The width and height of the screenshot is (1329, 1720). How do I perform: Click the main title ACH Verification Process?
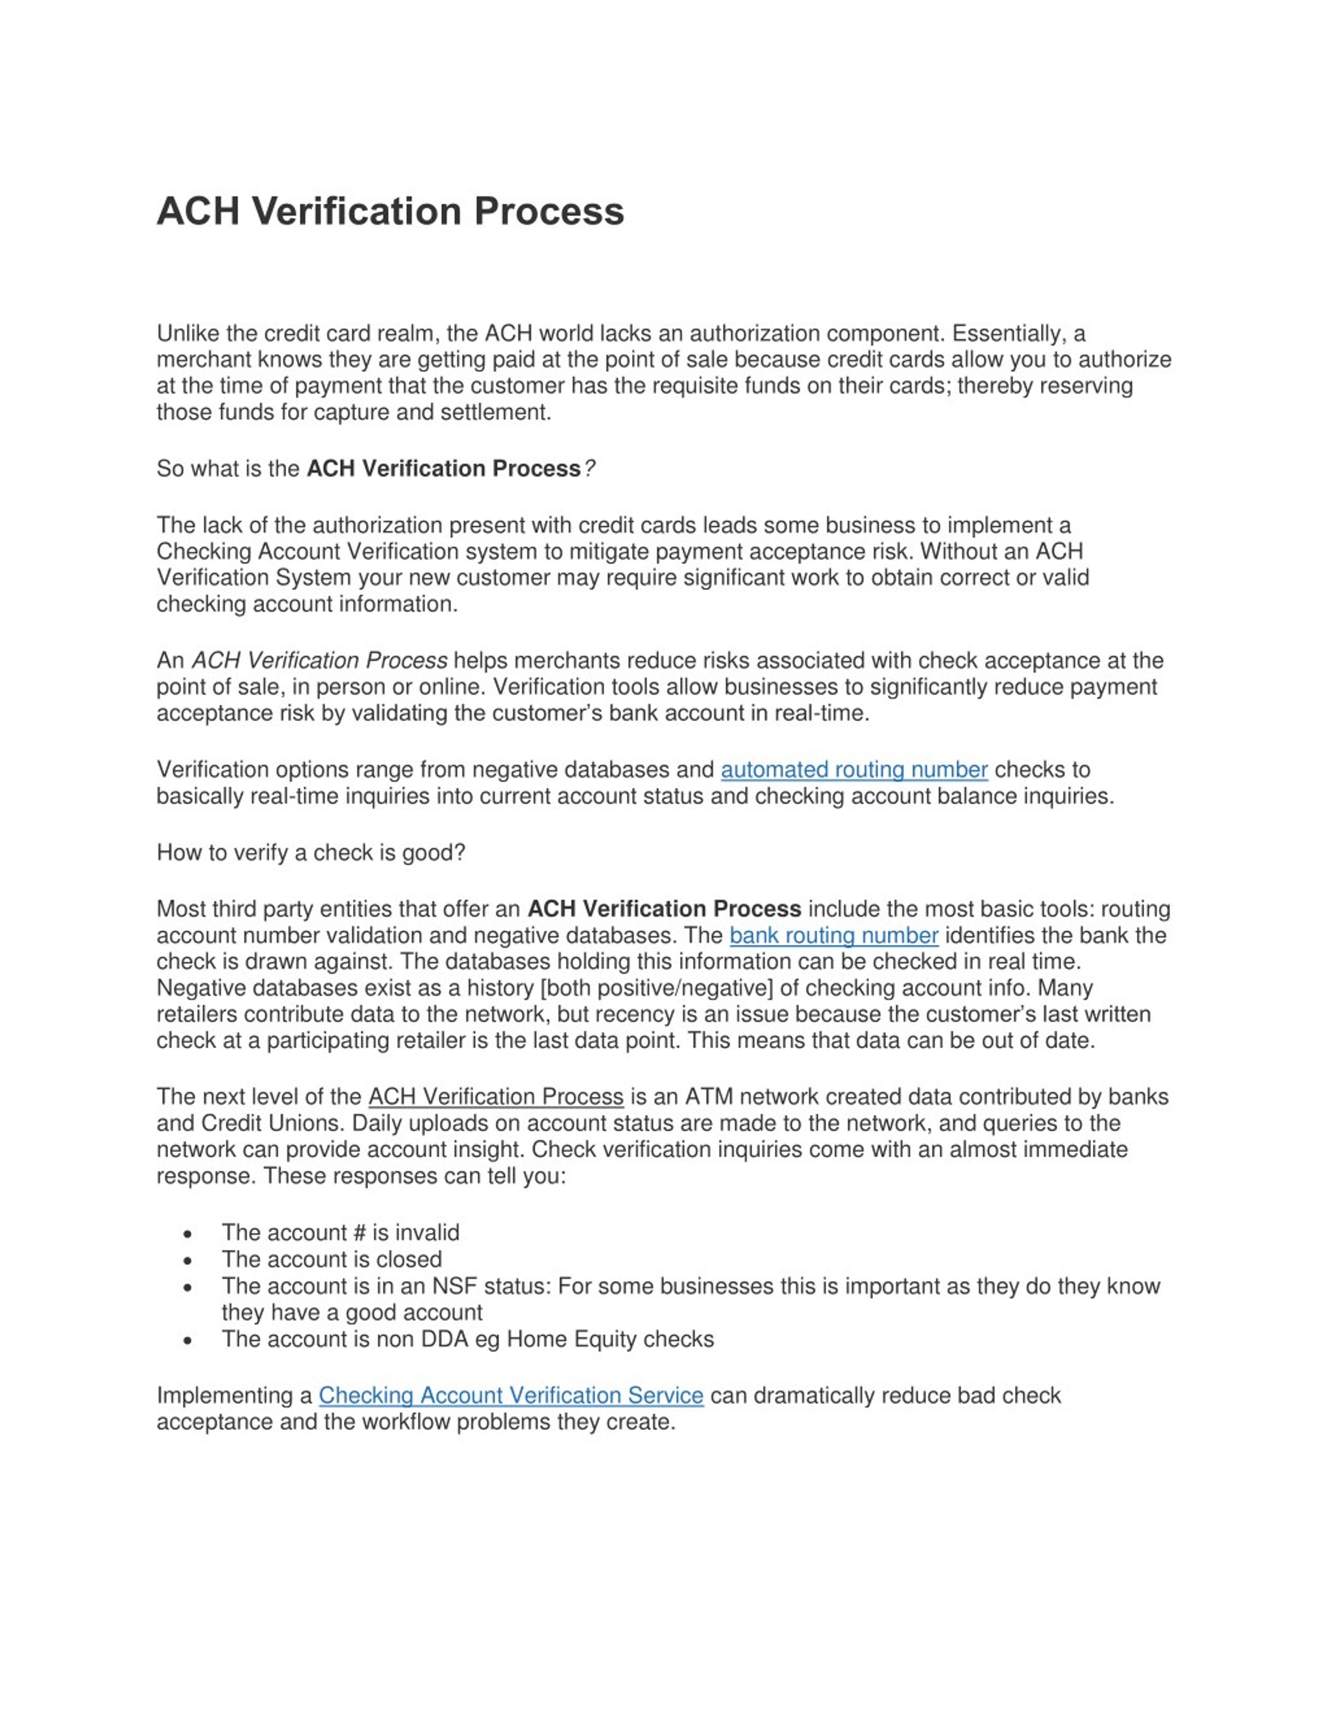pos(390,211)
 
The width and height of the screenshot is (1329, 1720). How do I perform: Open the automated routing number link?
pos(853,769)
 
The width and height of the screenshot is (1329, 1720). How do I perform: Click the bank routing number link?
pos(833,936)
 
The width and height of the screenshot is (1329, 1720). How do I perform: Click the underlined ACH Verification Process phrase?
pos(495,1097)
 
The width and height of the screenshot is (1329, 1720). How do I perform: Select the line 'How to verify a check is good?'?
pos(311,853)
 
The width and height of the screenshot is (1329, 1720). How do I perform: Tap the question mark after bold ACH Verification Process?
pos(590,469)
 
